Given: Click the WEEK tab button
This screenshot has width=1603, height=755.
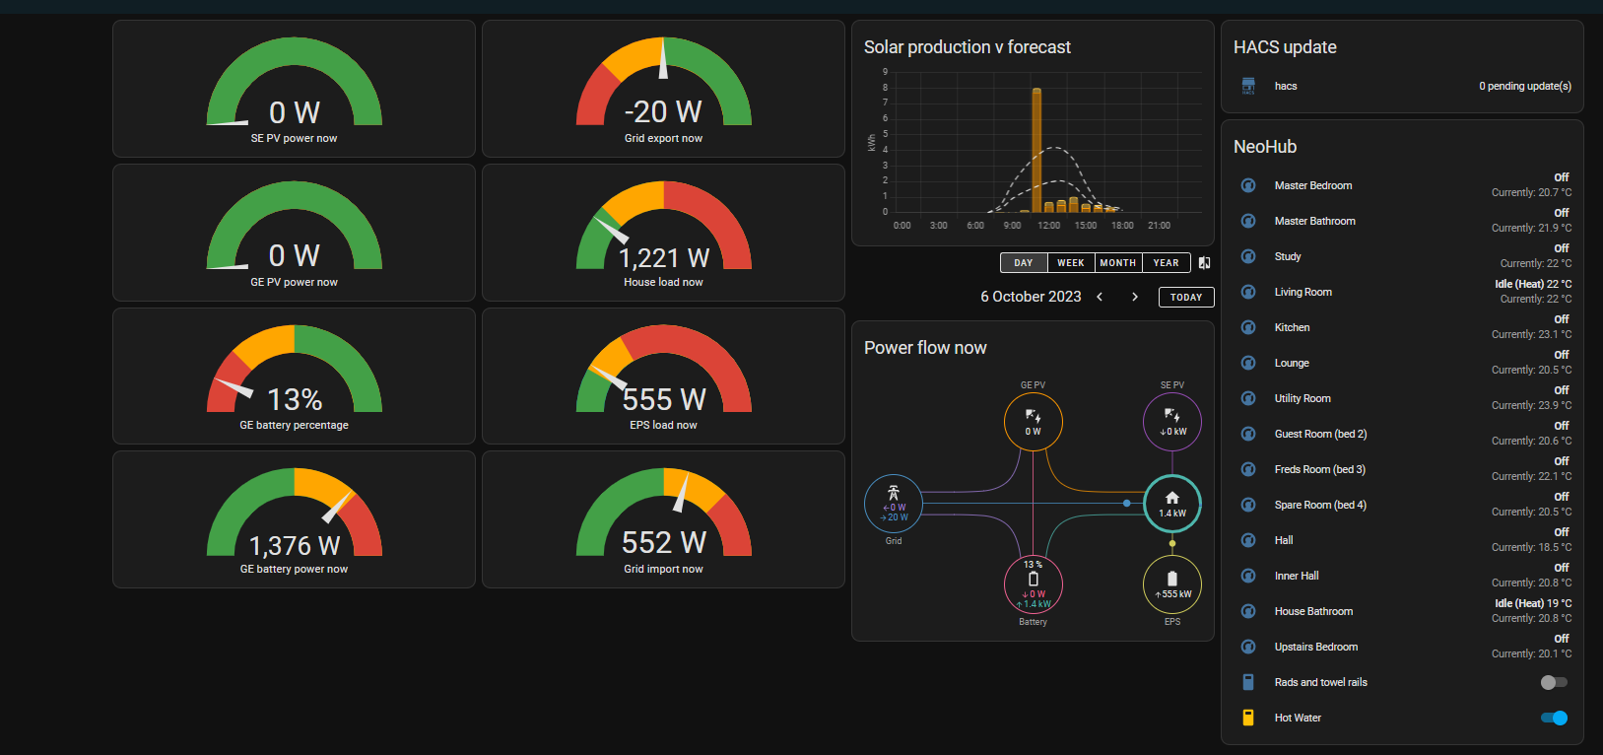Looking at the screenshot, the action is [x=1071, y=262].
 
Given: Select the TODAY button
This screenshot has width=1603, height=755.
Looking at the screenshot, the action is [x=1186, y=297].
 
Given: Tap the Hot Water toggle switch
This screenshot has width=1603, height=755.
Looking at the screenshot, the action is [x=1554, y=718].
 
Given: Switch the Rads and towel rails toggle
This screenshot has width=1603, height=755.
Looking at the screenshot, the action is [x=1554, y=682].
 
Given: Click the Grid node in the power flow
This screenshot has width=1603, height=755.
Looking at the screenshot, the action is [x=893, y=503].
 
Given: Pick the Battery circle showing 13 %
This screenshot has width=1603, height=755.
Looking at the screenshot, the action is [x=1033, y=583].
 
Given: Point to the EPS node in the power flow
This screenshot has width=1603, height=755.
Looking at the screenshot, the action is [x=1172, y=583].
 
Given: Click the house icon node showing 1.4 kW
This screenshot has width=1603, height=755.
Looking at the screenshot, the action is [x=1172, y=503].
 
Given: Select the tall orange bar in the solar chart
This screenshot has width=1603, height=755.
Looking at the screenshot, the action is [x=1036, y=150].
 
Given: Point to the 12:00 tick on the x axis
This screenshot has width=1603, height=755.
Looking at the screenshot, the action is [x=1048, y=226].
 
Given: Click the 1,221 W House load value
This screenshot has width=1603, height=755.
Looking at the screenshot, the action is [x=664, y=257].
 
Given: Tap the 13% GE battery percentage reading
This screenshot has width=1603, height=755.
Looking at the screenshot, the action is [x=295, y=399].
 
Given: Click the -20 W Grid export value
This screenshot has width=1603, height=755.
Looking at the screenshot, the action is [x=663, y=111].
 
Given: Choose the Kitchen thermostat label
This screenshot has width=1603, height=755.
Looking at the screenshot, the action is [x=1292, y=327].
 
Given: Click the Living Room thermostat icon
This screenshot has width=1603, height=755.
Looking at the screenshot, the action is [x=1248, y=292].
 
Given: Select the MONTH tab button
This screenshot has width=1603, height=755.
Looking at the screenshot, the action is [x=1118, y=262].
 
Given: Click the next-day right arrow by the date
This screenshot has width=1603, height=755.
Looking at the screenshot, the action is [x=1134, y=297].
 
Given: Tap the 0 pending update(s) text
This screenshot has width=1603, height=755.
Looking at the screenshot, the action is [x=1525, y=86].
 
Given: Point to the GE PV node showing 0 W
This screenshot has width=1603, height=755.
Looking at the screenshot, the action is [x=1033, y=422].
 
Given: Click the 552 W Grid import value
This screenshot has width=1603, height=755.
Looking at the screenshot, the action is [x=664, y=542].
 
